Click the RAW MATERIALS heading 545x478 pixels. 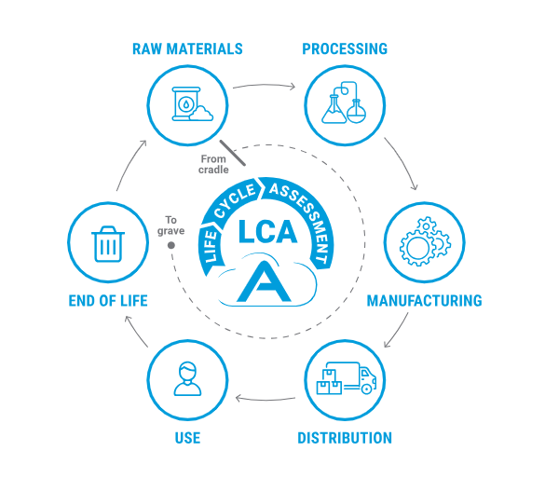click(187, 49)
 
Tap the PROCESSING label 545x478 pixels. click(345, 49)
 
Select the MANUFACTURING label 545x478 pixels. click(425, 301)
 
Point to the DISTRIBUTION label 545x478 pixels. click(345, 438)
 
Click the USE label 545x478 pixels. click(187, 438)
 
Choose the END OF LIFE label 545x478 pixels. click(108, 301)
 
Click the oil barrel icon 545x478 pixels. click(186, 103)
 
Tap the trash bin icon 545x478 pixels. click(108, 244)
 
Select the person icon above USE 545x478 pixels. click(187, 378)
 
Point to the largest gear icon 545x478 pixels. click(416, 248)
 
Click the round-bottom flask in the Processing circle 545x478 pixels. click(357, 111)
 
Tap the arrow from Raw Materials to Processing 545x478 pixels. click(265, 85)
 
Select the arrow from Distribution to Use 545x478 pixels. click(266, 399)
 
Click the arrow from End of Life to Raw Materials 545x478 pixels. click(130, 164)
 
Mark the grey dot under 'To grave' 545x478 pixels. click(171, 245)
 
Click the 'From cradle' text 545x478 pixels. click(213, 164)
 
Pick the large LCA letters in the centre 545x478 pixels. click(267, 231)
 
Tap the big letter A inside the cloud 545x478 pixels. click(264, 281)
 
